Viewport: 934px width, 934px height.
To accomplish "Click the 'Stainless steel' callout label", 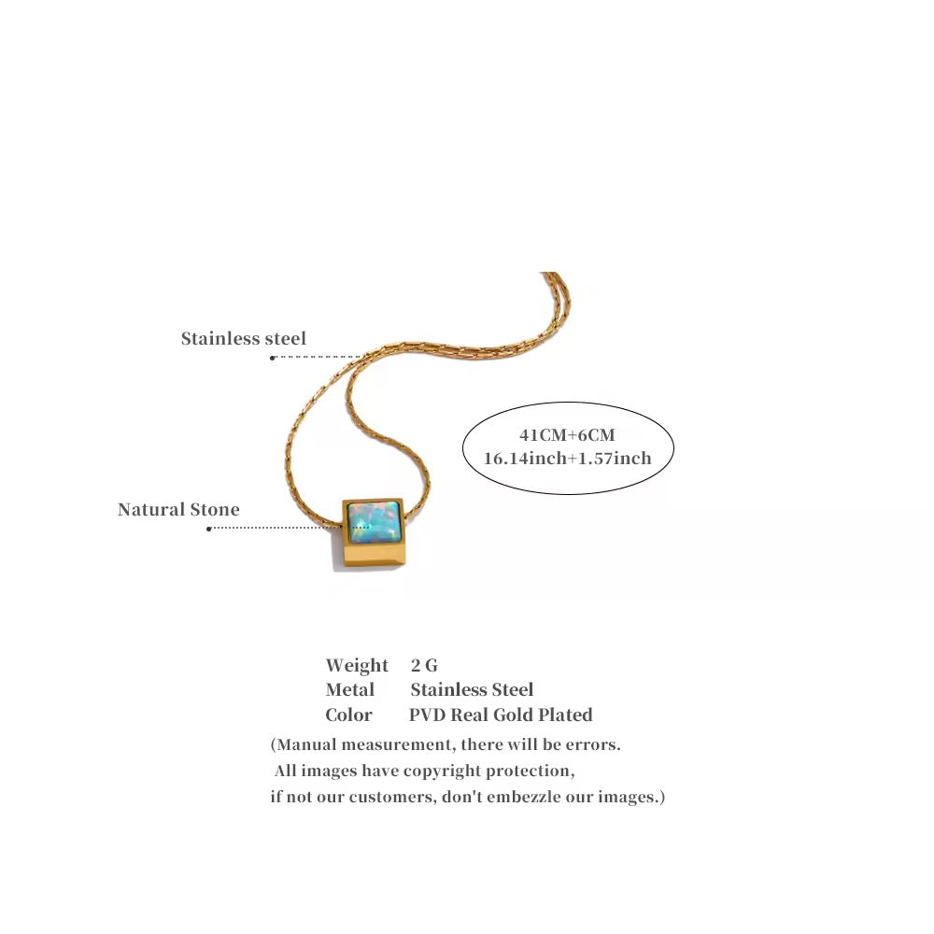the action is point(244,338).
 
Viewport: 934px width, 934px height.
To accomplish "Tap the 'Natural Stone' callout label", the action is point(178,509).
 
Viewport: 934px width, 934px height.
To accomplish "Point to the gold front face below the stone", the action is point(375,556).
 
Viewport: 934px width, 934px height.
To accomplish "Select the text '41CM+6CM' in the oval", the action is point(567,435).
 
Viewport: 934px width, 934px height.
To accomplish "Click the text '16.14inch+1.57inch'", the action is point(567,458).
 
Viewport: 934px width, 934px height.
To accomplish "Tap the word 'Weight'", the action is point(357,665).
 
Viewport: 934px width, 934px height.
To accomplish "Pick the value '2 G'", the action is point(424,665).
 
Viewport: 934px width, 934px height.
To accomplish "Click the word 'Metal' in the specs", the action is point(349,690).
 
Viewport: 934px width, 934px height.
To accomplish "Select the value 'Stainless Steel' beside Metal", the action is point(472,690).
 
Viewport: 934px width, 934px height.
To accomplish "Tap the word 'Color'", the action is point(348,715).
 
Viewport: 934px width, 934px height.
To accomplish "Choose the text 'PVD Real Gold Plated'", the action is point(501,715).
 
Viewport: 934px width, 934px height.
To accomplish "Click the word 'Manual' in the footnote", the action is point(307,744).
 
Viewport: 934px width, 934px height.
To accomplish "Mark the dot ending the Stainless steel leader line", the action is point(272,358).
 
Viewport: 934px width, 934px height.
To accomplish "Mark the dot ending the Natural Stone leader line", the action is point(209,529).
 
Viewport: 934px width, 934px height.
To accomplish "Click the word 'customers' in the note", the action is point(391,797).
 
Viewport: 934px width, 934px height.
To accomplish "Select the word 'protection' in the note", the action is point(530,771).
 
